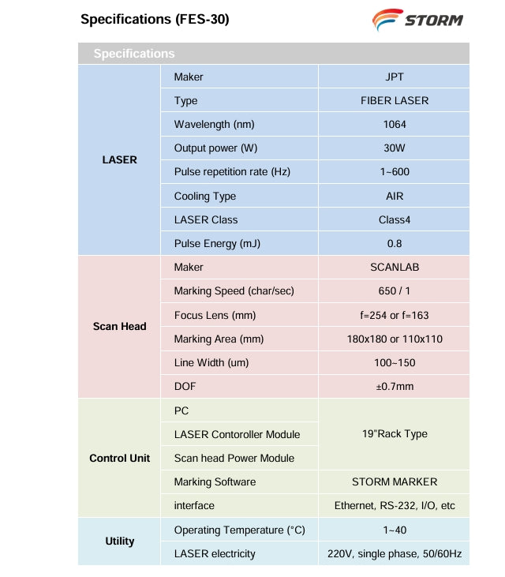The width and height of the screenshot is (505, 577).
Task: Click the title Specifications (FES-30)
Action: point(155,19)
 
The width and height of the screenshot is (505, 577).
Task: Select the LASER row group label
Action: point(119,160)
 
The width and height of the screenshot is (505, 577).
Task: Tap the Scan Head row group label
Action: point(119,327)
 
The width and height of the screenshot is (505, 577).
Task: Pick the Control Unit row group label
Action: point(119,458)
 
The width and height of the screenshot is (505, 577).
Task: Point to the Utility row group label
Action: point(119,541)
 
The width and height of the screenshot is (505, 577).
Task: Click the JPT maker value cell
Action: point(394,77)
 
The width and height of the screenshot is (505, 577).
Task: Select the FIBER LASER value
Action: point(394,101)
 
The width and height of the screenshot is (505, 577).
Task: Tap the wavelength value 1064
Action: point(394,125)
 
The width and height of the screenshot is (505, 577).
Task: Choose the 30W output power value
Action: point(394,148)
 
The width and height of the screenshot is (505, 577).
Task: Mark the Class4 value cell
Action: point(394,219)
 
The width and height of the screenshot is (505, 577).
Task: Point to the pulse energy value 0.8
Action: point(394,244)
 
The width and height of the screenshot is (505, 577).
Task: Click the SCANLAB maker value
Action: point(394,268)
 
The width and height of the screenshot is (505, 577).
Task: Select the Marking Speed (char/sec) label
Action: point(234,291)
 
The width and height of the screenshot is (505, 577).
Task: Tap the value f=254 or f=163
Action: point(394,316)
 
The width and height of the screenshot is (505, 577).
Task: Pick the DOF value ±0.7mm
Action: point(394,387)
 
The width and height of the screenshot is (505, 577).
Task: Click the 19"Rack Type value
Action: point(394,434)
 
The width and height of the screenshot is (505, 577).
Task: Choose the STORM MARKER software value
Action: point(394,481)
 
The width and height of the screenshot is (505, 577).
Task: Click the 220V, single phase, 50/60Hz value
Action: point(394,554)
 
